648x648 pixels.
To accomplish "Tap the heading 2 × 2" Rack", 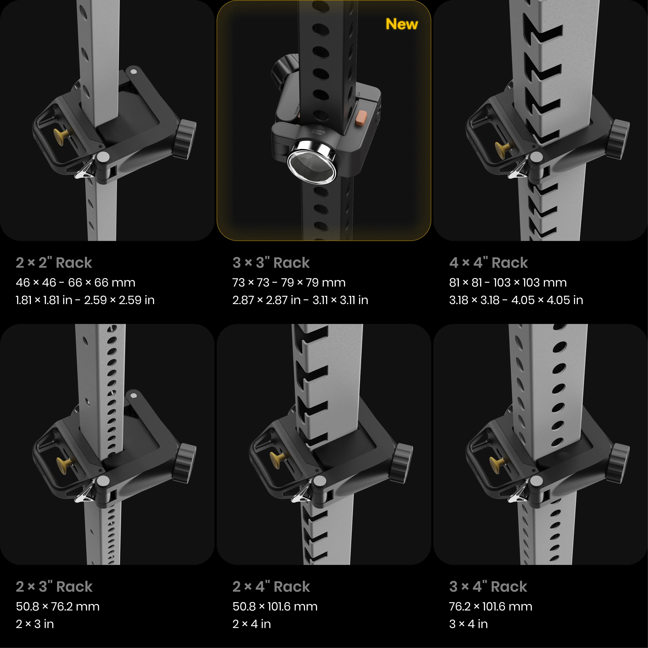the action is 54,263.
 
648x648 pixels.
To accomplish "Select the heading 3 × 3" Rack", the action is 271,263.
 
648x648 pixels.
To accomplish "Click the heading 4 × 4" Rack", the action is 488,263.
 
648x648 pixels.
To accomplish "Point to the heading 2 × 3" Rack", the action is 54,587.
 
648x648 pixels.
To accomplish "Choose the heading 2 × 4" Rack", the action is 271,587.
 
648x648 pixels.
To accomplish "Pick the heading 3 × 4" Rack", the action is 488,587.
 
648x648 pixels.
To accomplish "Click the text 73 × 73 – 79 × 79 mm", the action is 289,282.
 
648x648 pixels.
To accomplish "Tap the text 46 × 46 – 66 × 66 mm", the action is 75,282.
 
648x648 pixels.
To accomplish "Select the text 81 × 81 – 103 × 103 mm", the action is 508,282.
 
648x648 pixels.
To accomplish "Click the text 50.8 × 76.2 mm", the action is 58,606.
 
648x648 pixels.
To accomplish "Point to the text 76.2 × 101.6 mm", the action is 491,606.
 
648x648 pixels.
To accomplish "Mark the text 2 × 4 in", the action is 252,624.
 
